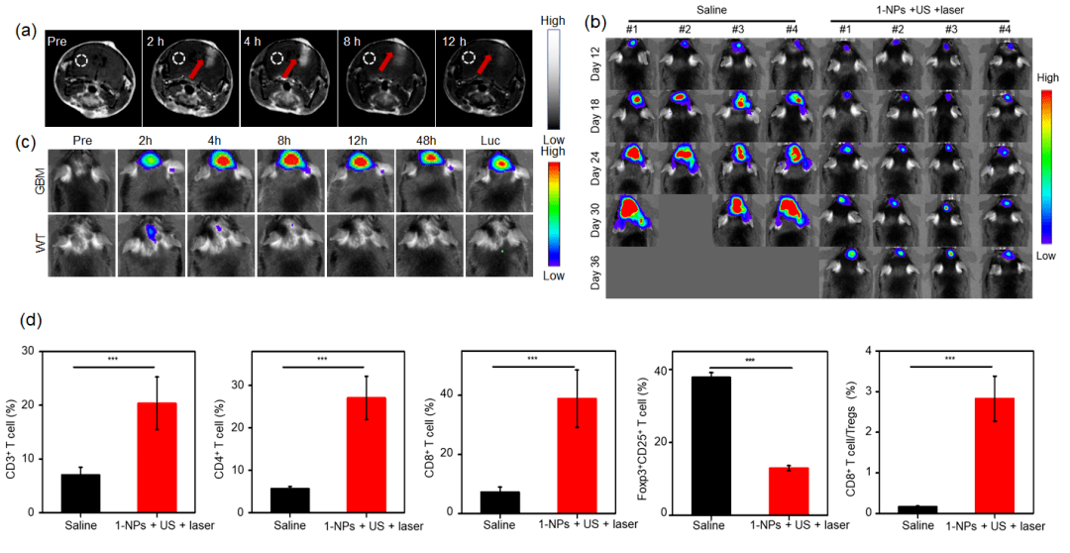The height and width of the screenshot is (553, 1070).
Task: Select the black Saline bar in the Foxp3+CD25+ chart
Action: (x=709, y=444)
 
